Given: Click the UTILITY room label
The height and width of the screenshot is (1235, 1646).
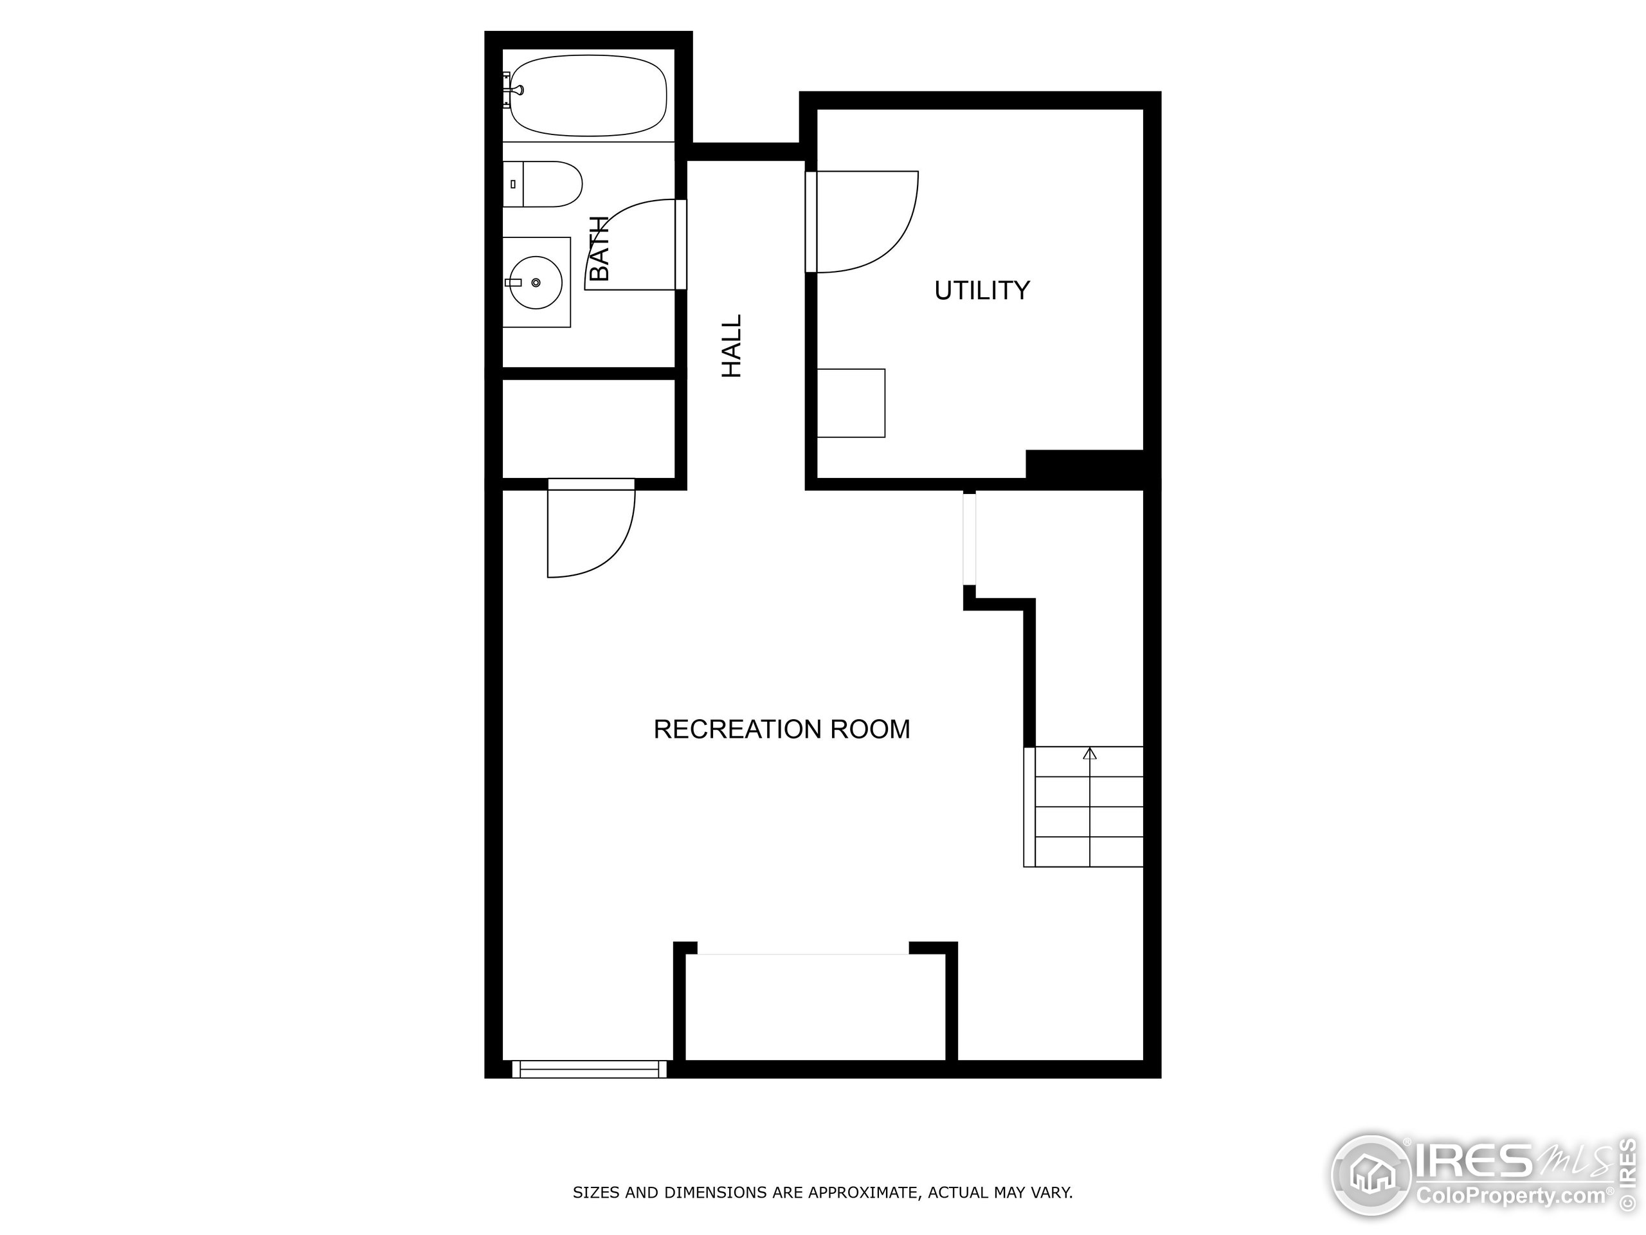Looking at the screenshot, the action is [x=982, y=289].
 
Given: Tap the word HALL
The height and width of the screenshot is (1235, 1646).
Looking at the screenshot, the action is [x=733, y=345].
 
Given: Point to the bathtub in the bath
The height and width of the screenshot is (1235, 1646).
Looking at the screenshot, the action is [x=588, y=95].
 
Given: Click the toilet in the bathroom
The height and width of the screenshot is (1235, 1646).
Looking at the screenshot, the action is [x=543, y=184].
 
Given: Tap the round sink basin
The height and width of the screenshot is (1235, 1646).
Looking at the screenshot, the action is [x=536, y=282].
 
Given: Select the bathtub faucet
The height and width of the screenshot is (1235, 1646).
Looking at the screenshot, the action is [x=514, y=90].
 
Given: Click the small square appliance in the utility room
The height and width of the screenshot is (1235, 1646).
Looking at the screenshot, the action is [x=851, y=403].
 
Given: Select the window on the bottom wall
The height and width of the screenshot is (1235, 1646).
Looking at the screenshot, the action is [x=590, y=1069].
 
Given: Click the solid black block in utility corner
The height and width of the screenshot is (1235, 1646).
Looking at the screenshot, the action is [x=1085, y=464].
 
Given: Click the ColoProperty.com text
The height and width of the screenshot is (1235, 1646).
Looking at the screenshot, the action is [x=1510, y=1196].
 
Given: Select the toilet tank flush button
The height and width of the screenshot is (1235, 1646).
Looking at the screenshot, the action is [x=512, y=184].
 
